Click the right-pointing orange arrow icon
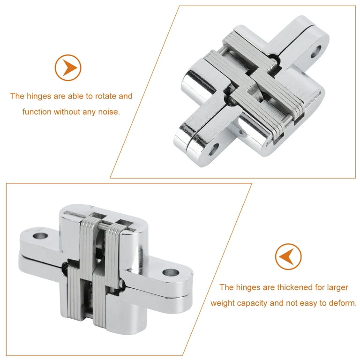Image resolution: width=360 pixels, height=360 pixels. coord(68,67)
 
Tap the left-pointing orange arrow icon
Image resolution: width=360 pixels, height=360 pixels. coord(288,256)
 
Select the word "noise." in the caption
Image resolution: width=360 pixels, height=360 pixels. coord(109,112)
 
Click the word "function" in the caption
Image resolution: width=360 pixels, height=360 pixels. coord(37,112)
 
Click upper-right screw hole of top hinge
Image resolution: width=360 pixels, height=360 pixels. coord(316,52)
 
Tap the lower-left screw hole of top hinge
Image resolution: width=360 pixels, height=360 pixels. coord(214,150)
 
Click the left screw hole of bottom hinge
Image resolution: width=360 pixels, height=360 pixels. coord(40,236)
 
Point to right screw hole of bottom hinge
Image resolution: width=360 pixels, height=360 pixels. coord(171,272)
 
